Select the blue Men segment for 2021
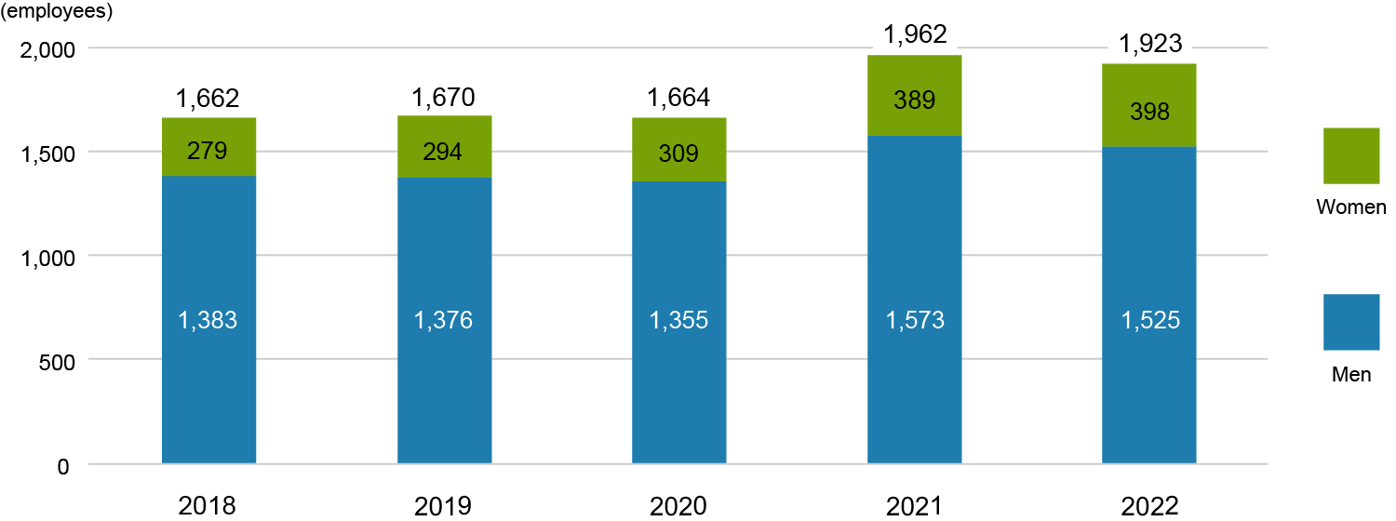click(914, 391)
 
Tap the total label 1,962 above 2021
click(915, 35)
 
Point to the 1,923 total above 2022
click(1149, 44)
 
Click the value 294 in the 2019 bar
click(443, 152)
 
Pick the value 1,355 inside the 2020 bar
click(678, 320)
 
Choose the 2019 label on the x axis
click(443, 505)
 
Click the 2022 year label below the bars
click(1149, 505)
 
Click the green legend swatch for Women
click(1351, 155)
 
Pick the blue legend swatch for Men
click(1351, 322)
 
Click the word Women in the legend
click(1351, 207)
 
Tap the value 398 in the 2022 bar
click(1149, 113)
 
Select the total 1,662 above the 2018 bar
click(208, 98)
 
